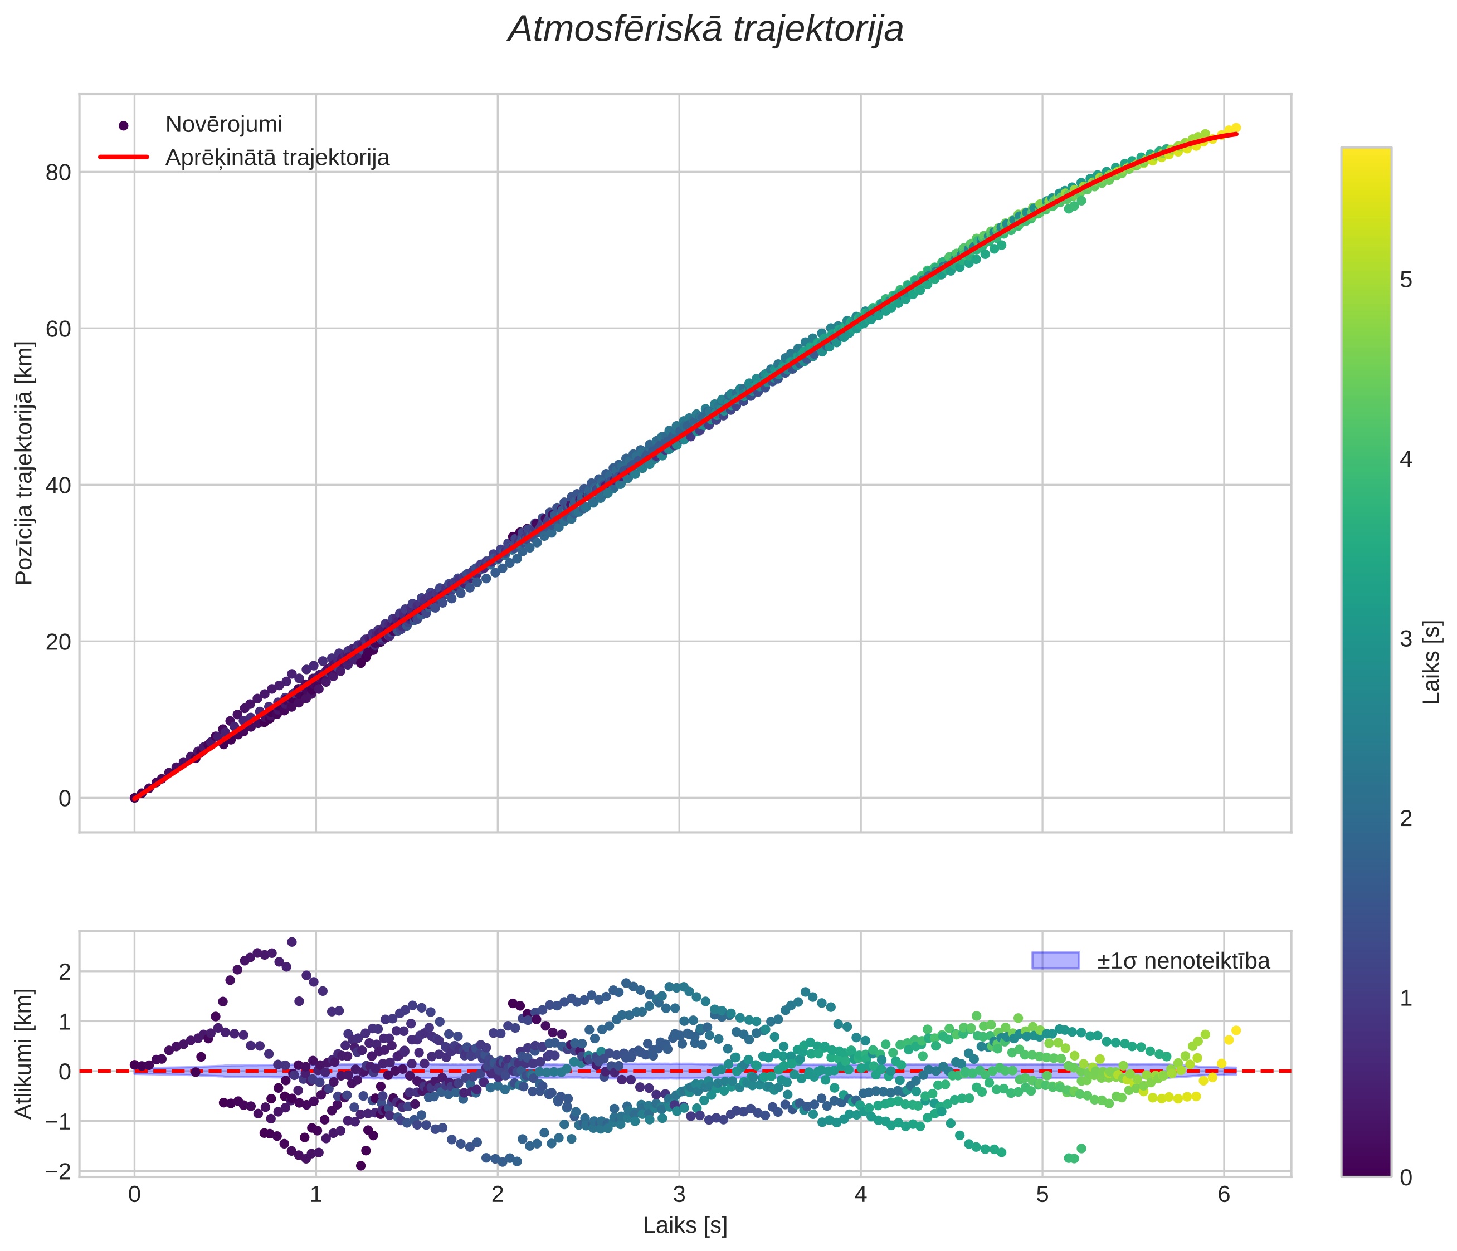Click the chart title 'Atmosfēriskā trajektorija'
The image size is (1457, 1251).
[x=705, y=30]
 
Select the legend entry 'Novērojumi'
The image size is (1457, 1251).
[x=223, y=124]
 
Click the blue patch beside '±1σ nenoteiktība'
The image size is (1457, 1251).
[x=1055, y=960]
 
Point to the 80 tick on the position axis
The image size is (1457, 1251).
[x=59, y=172]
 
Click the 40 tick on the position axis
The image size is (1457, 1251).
[x=59, y=485]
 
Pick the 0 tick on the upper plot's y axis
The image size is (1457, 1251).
[x=65, y=798]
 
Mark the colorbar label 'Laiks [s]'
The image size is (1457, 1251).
[x=1432, y=662]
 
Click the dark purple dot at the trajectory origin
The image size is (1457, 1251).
[x=134, y=798]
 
